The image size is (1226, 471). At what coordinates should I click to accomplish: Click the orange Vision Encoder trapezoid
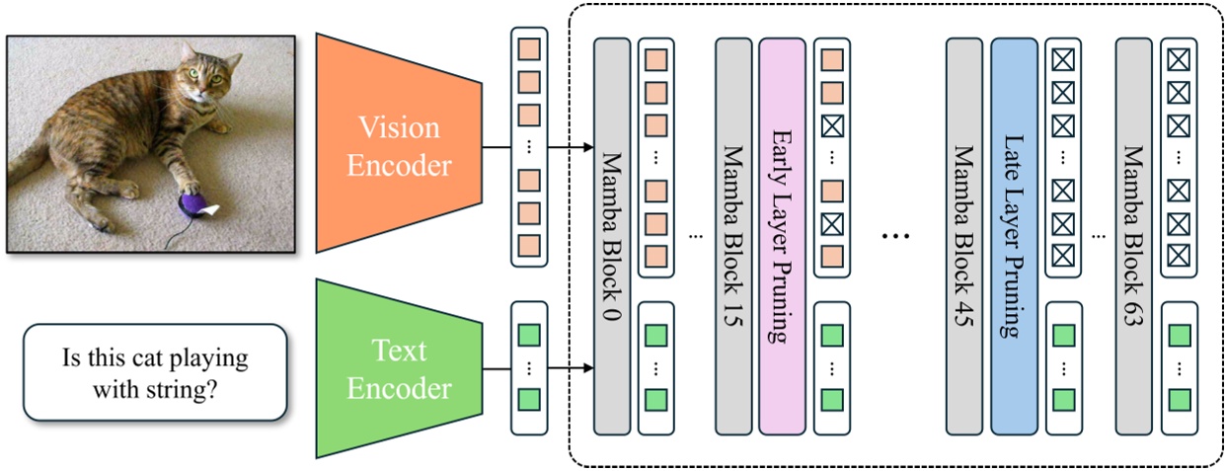coord(397,144)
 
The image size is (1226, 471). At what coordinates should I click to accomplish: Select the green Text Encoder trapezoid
coord(397,366)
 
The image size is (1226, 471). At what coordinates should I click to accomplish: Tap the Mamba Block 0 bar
coord(611,237)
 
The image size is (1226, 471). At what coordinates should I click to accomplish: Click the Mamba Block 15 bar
coord(733,237)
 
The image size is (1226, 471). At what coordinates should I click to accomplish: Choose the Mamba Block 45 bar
coord(964,237)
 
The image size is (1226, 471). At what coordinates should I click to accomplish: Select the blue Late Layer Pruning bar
coord(1013,237)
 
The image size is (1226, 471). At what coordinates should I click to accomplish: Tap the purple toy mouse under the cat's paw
coord(192,204)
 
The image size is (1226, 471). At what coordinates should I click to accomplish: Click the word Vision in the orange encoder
coord(400,127)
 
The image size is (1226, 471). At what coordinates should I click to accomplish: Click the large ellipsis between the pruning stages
coord(894,237)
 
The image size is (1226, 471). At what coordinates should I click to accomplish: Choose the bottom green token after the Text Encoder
coord(529,401)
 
